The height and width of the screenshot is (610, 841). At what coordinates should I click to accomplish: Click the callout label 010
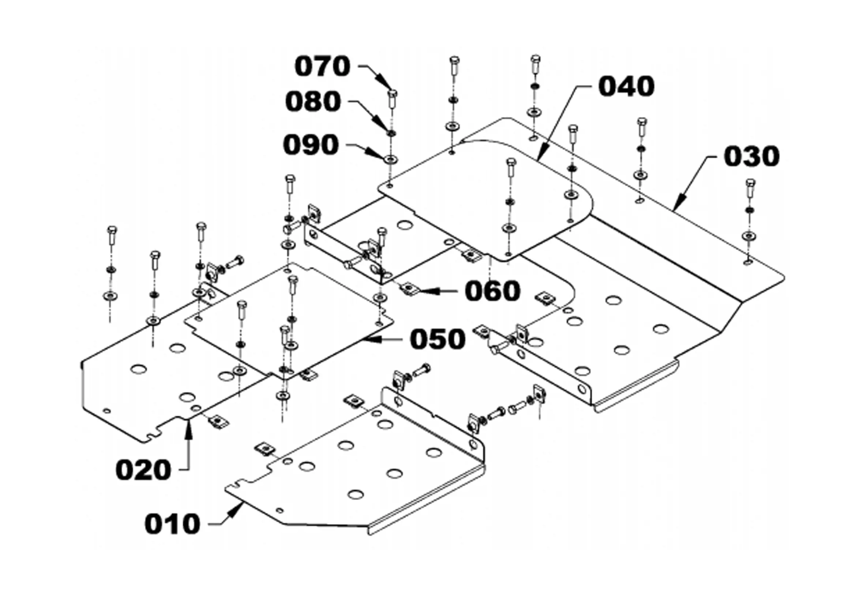(x=172, y=524)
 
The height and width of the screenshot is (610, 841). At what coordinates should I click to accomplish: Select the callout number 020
(x=143, y=470)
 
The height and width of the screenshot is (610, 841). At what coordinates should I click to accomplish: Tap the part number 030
(x=752, y=156)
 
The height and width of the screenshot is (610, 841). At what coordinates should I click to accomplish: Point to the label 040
(x=627, y=86)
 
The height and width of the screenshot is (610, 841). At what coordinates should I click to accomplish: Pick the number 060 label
(x=492, y=291)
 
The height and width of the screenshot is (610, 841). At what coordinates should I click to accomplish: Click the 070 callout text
(x=322, y=67)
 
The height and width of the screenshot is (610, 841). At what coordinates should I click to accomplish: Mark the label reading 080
(x=313, y=102)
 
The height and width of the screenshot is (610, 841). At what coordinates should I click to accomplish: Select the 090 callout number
(x=311, y=144)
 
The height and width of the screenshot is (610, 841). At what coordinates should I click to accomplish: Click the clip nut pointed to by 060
(x=409, y=288)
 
